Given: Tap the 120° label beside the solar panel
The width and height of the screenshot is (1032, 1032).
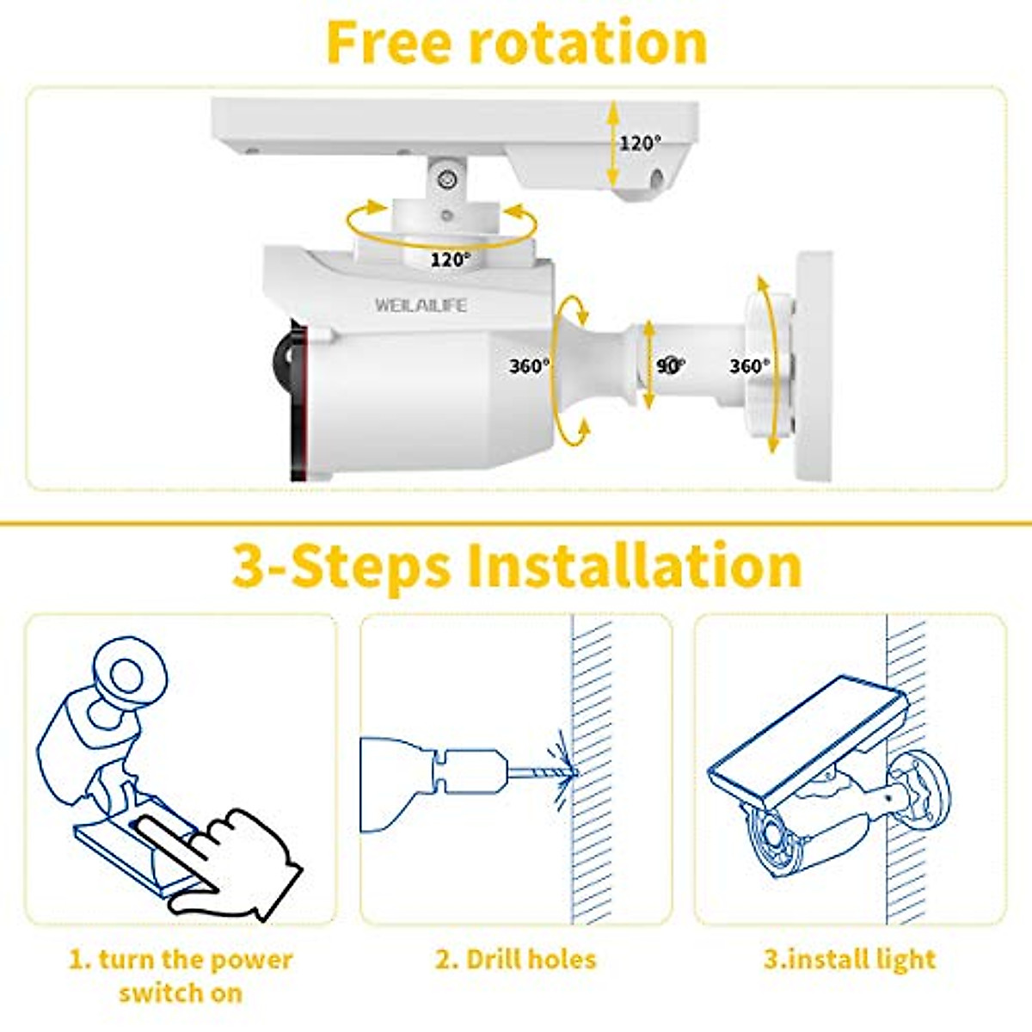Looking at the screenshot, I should click(641, 143).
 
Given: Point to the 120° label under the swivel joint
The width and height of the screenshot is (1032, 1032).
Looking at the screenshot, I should click(450, 259).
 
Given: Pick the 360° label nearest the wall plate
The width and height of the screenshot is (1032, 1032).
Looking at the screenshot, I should click(749, 366).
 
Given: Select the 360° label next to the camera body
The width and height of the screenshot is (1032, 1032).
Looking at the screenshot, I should click(529, 365).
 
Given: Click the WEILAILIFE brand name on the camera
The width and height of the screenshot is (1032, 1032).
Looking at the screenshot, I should click(421, 305).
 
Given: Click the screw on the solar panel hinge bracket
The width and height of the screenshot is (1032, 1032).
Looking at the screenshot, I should click(445, 180).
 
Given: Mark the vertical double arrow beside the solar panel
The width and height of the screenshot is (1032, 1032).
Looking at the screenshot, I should click(611, 143).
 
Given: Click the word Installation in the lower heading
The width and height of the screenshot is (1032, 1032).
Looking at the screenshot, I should click(634, 565).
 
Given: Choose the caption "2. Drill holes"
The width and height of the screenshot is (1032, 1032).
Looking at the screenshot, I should click(515, 959).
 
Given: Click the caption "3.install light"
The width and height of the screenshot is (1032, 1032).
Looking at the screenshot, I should click(850, 959).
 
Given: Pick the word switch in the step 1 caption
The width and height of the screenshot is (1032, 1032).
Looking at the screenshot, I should click(155, 992).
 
